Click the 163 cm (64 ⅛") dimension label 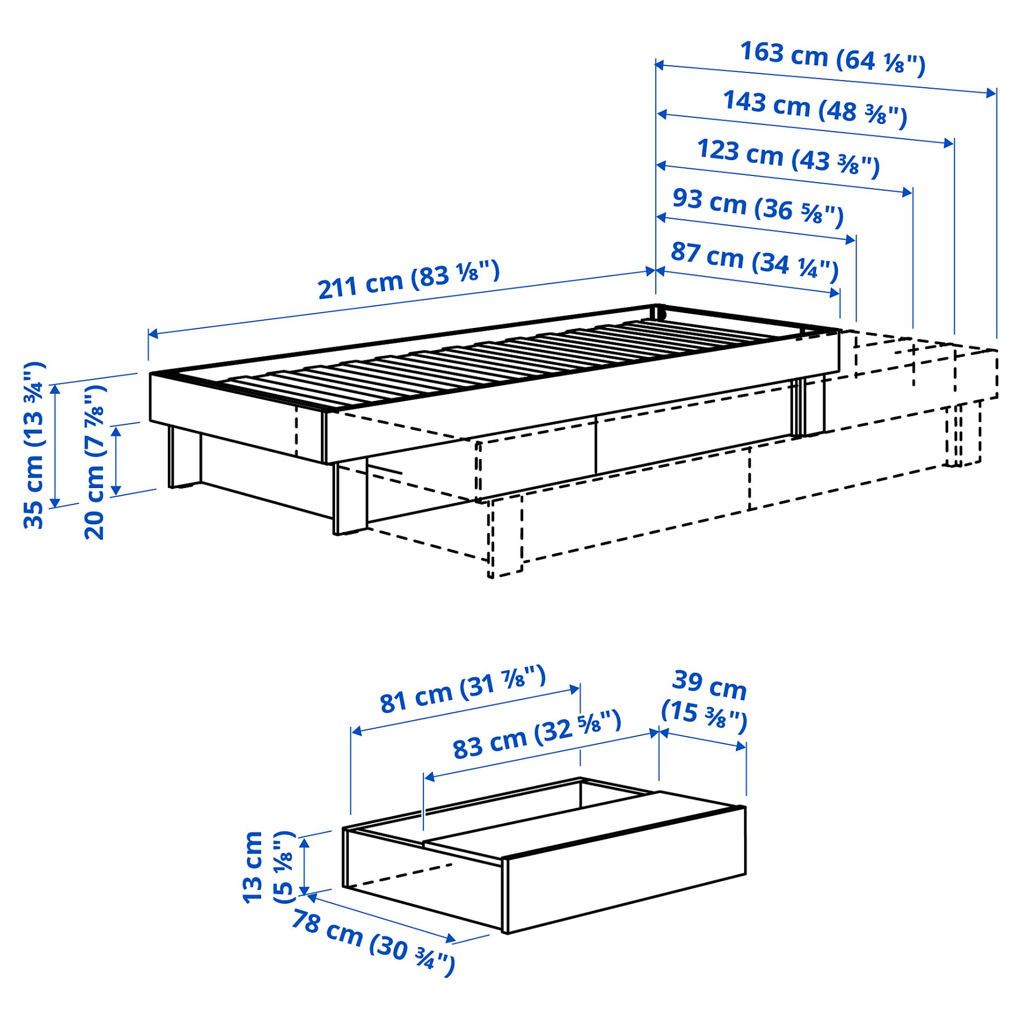(832, 58)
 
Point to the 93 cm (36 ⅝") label (758, 207)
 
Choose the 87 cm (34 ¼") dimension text (755, 260)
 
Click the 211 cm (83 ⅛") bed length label (409, 280)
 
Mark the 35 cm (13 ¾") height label (33, 445)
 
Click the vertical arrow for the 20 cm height (116, 461)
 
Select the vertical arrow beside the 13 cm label (305, 866)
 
